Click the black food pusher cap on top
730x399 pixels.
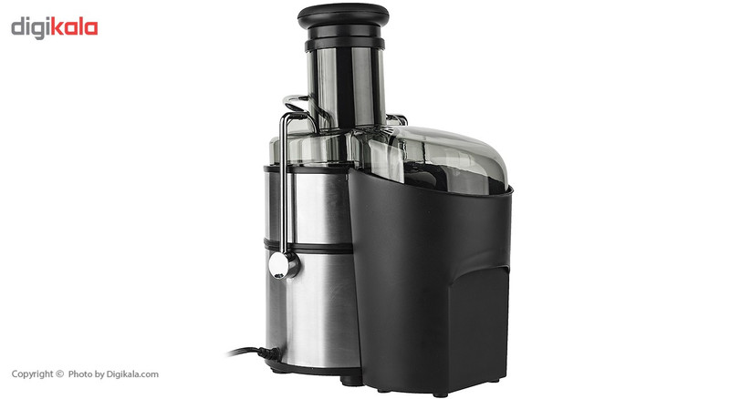(343, 15)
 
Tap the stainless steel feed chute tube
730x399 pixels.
(345, 87)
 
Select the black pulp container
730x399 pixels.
(429, 279)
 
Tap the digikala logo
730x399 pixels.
(55, 28)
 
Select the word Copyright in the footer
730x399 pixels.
(33, 374)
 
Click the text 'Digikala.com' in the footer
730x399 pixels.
(132, 374)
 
